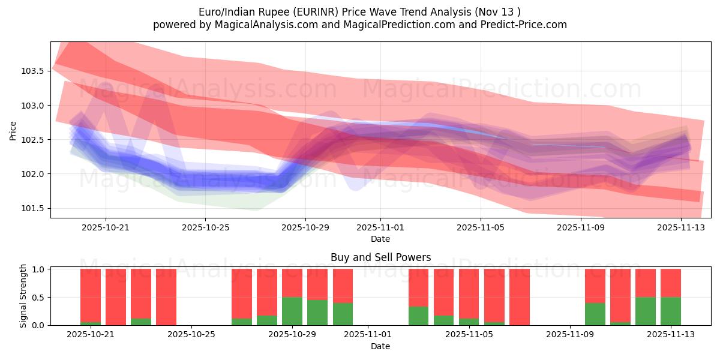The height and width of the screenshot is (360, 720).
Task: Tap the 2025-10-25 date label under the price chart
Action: coord(205,228)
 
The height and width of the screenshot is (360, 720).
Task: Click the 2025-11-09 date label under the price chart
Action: coord(581,228)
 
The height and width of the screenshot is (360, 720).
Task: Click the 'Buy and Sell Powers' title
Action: coord(380,257)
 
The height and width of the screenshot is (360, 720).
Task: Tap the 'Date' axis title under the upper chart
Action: coord(380,239)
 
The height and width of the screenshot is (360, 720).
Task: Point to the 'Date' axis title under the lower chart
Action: coord(380,346)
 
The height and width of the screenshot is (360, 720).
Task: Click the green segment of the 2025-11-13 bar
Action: coord(670,311)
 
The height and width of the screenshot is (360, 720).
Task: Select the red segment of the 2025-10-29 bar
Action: coord(292,283)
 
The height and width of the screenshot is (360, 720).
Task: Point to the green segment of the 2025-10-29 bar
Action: coord(292,311)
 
